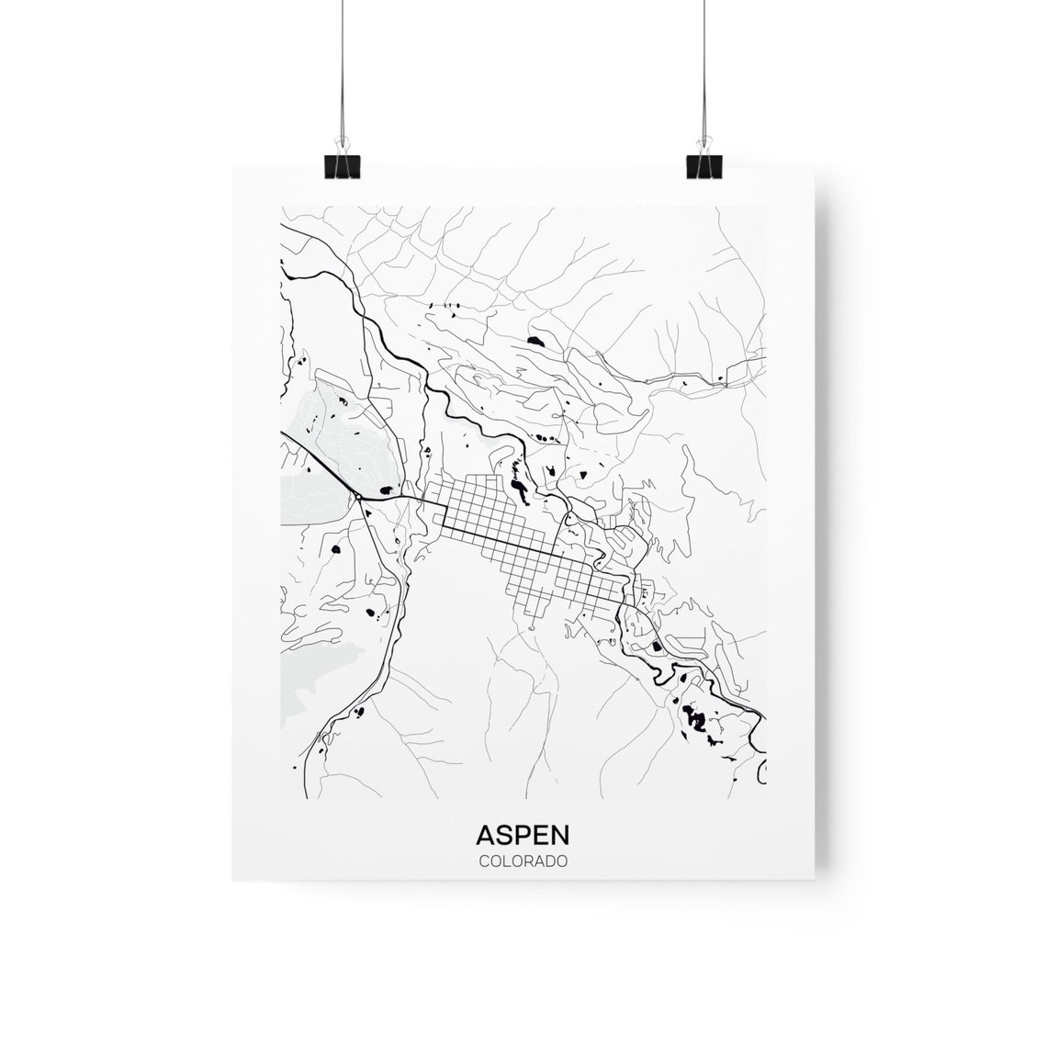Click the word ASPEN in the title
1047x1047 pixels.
[x=523, y=835]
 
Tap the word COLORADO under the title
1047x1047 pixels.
[x=523, y=862]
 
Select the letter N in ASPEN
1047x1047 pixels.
[x=559, y=835]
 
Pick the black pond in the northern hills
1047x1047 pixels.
[x=535, y=342]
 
